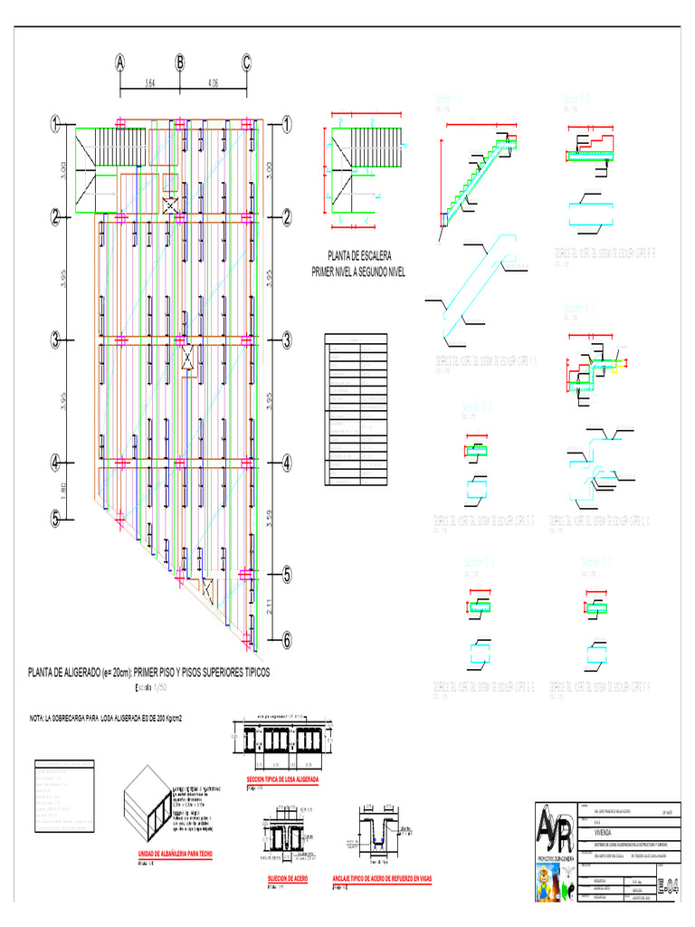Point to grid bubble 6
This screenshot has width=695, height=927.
287,640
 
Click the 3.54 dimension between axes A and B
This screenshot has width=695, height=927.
149,84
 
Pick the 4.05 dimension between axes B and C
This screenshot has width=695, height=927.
214,84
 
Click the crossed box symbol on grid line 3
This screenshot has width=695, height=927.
187,358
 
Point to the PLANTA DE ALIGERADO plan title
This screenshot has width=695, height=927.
148,674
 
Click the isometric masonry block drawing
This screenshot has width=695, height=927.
154,802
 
